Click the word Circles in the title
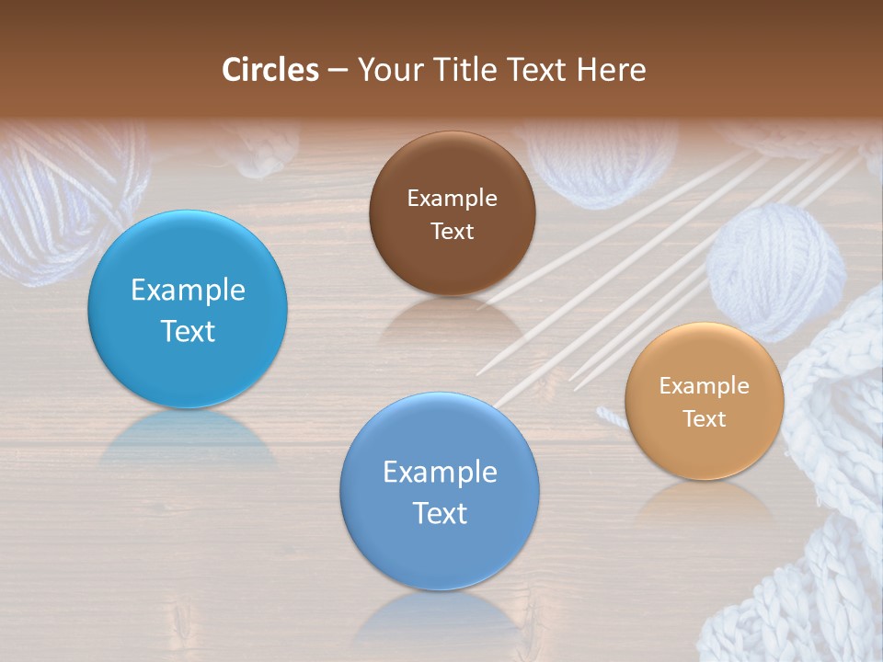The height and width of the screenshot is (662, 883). [270, 70]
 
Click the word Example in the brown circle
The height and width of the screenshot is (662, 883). [452, 199]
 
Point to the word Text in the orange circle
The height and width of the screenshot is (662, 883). [705, 419]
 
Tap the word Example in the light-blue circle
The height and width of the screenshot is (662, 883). [188, 291]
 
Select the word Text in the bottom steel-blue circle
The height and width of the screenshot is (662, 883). [440, 513]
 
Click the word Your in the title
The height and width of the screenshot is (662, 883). [385, 70]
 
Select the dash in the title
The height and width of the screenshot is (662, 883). [338, 71]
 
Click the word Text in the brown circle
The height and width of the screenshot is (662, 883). [452, 232]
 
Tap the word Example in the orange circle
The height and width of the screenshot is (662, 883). [705, 386]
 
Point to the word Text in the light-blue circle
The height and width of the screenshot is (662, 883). [188, 331]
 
